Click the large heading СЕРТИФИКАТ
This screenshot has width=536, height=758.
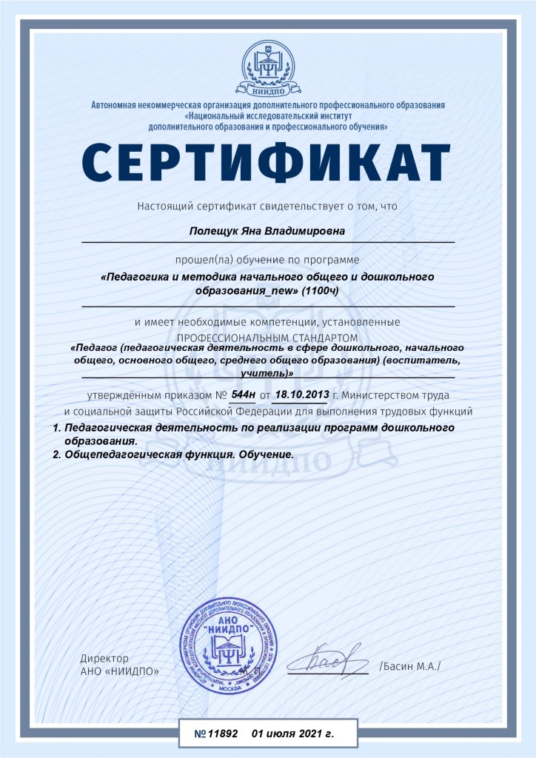pos(267,162)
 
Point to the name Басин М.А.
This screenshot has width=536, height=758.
pos(409,666)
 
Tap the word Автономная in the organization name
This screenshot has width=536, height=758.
pos(114,105)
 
